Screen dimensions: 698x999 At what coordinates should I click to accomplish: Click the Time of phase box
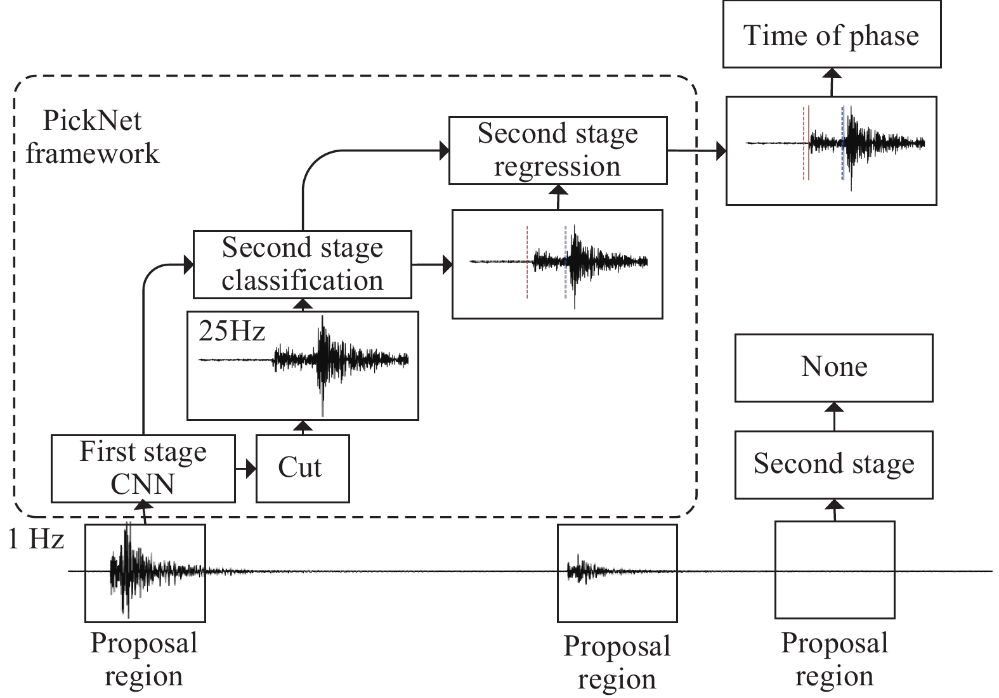[832, 35]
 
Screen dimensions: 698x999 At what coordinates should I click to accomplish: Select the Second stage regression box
[558, 150]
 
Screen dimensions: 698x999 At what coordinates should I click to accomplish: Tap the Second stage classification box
[302, 264]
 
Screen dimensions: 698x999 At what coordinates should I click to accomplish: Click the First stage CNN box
[143, 469]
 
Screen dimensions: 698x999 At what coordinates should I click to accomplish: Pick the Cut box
[302, 469]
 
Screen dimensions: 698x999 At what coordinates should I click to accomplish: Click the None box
[833, 368]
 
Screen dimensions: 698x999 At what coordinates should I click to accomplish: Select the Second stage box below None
[833, 465]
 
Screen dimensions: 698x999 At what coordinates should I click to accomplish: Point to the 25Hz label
[232, 332]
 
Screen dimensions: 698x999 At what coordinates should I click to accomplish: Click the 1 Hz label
[36, 540]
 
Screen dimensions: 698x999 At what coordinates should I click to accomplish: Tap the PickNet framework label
[92, 137]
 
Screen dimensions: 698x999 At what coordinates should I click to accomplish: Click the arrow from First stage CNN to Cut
[246, 469]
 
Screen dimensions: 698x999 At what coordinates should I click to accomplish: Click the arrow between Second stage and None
[834, 417]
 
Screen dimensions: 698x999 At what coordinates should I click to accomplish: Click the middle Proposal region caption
[617, 662]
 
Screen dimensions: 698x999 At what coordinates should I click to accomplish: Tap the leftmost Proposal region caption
[143, 659]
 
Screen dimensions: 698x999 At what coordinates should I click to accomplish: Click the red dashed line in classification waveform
[527, 261]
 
